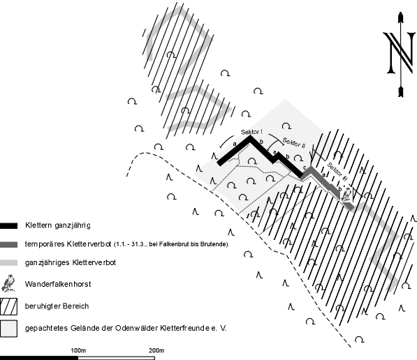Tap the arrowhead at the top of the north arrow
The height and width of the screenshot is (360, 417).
click(400, 17)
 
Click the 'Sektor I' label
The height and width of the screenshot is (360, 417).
click(251, 132)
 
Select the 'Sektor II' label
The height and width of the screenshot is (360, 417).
click(294, 142)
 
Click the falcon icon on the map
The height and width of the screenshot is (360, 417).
click(346, 194)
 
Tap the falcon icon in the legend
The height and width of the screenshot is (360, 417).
click(8, 283)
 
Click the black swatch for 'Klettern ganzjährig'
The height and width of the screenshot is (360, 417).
click(8, 226)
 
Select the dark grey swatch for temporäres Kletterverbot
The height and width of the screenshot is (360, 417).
click(8, 244)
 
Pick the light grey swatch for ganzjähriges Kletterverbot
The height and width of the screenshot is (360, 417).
click(8, 263)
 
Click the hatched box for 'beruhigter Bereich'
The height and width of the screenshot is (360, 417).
click(8, 306)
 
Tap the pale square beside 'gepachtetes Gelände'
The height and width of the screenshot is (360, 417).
click(8, 329)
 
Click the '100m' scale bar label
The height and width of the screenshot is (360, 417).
click(78, 350)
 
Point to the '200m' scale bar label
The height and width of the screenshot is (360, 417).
click(156, 350)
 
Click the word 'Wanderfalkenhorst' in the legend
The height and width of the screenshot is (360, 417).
click(58, 284)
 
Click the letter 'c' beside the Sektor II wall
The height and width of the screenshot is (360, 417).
click(305, 167)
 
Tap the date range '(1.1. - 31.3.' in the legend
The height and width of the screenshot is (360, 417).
click(130, 244)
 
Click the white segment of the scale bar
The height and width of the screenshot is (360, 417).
click(116, 358)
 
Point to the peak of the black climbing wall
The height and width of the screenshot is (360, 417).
click(250, 137)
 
